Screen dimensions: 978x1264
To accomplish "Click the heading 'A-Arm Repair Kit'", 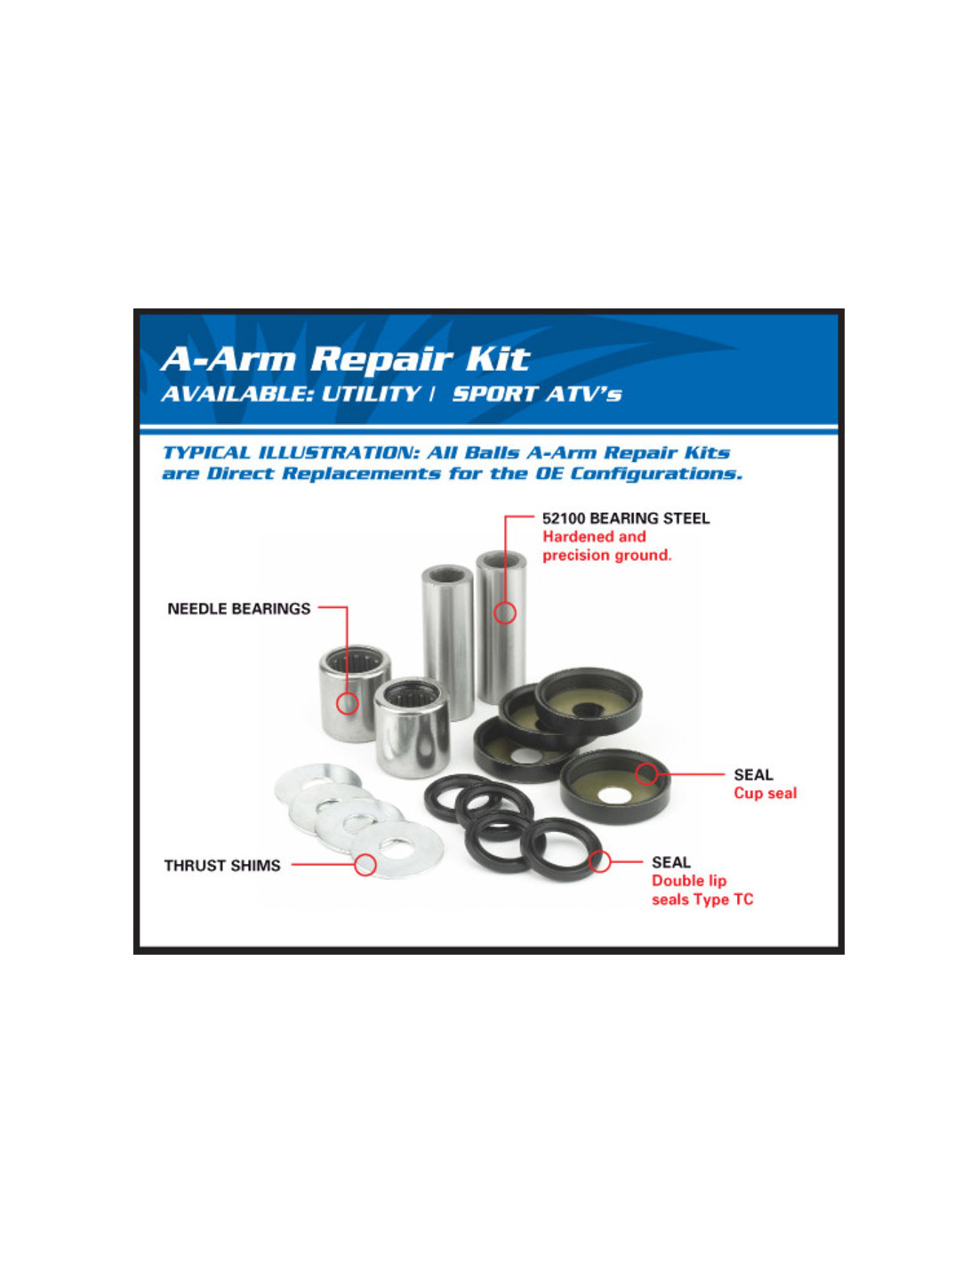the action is coord(345,359).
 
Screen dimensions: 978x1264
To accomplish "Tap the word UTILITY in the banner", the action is coord(370,395).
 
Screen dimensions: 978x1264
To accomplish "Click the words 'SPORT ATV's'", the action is coord(537,395).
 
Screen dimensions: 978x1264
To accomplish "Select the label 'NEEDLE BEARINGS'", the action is coord(238,609).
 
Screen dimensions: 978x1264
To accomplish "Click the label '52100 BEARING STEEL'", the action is coord(626,517).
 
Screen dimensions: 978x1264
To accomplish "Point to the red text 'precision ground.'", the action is coord(607,555).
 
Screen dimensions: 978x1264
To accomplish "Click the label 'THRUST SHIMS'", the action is coord(222,866).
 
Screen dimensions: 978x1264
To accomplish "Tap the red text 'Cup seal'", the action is coord(765,794).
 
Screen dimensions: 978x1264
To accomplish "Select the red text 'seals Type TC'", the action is coord(702,900).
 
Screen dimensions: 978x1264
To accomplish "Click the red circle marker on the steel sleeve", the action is coord(505,612).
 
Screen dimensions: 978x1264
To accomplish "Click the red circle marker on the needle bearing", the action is coord(348,703).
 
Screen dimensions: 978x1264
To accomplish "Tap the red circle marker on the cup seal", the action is coord(645,773).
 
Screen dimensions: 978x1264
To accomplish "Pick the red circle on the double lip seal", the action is coord(599,861).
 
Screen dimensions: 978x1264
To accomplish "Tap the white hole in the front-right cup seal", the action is coord(614,796).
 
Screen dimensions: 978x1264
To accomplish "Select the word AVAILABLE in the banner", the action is coord(237,395).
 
